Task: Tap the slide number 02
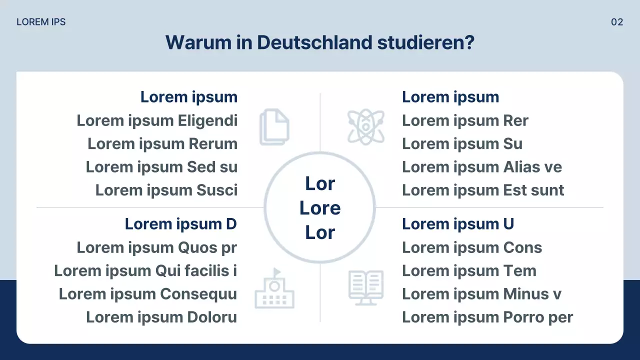617,22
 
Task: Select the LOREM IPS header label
41,22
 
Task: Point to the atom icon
366,127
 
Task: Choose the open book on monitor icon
366,287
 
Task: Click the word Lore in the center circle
320,208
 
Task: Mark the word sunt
546,190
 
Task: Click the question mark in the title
468,42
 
